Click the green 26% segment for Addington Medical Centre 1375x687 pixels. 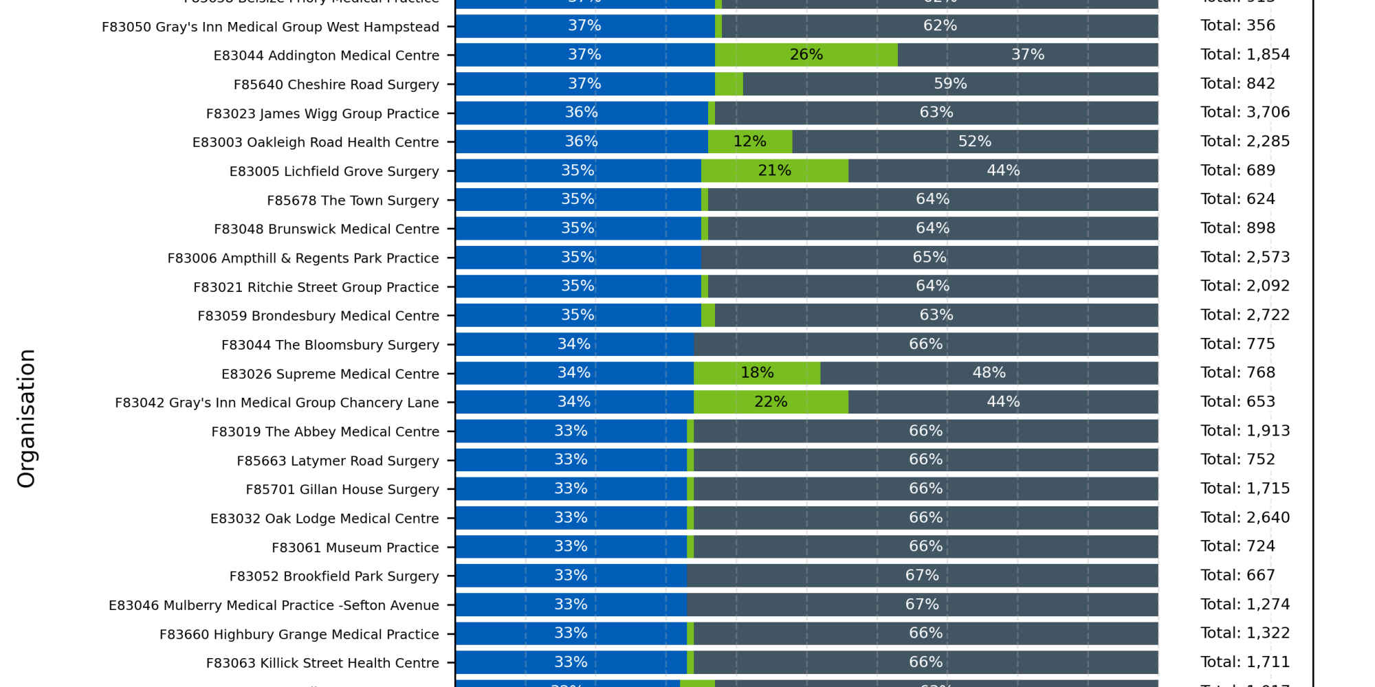806,55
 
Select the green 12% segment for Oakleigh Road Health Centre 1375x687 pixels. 749,142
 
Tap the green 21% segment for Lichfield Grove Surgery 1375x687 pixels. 774,170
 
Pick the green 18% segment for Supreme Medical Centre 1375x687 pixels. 756,373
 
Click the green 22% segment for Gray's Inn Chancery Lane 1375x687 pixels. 771,402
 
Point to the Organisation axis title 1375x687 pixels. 26,418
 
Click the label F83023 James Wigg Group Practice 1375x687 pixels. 322,113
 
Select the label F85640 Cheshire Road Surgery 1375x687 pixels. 336,85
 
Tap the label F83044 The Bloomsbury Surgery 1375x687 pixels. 330,345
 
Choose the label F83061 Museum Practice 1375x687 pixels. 355,548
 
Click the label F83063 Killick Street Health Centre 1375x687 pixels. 322,663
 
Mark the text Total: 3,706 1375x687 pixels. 1245,113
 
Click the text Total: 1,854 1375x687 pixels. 1245,55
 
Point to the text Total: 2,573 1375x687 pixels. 1245,258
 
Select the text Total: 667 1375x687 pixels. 1237,576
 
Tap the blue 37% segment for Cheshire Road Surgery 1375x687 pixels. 584,84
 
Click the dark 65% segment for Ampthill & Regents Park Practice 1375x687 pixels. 929,258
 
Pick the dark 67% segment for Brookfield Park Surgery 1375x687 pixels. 922,576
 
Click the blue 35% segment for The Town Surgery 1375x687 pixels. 577,200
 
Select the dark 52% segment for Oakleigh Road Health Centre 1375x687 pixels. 975,142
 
